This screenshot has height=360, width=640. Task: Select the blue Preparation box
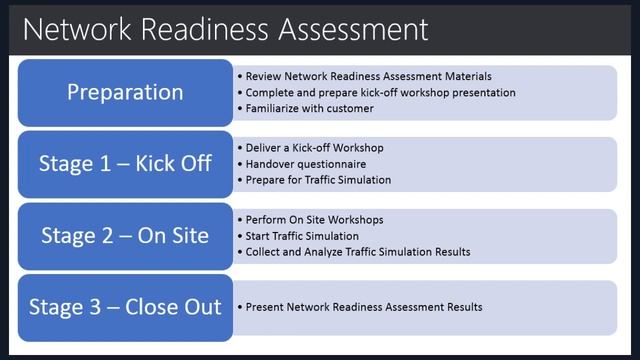click(x=125, y=92)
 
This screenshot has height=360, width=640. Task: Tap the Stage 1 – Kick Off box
click(x=125, y=163)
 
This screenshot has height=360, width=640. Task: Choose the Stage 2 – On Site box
click(x=125, y=236)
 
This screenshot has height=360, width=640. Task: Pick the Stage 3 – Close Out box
click(x=125, y=307)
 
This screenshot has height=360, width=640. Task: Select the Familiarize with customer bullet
click(x=309, y=108)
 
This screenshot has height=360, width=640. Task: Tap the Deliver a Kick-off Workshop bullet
click(x=314, y=148)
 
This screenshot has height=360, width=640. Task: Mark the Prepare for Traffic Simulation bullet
click(x=318, y=180)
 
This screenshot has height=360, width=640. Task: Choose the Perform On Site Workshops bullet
click(x=314, y=220)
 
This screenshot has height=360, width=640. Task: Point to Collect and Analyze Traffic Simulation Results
click(x=357, y=252)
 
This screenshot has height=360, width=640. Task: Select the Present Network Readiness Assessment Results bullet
click(x=363, y=307)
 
